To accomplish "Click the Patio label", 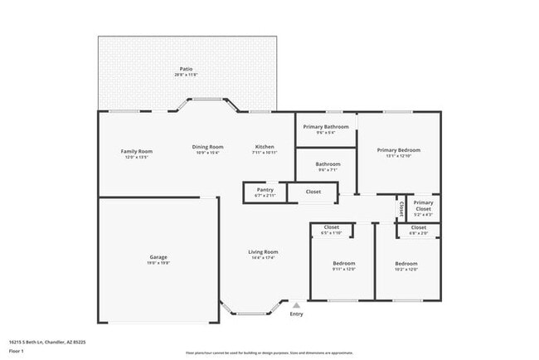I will (x=187, y=69).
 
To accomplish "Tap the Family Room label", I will (x=137, y=151).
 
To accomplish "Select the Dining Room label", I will (x=209, y=147).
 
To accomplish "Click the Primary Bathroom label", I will (x=325, y=126).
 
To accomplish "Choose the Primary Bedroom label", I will (x=398, y=150).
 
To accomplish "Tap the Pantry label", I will (x=265, y=190).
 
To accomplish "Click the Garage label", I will (x=158, y=257).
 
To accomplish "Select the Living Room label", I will (x=263, y=252).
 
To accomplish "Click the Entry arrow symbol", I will (x=296, y=305).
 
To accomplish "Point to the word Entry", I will (x=296, y=314).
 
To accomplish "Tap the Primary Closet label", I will (x=423, y=206).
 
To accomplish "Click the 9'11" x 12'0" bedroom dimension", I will (x=332, y=269).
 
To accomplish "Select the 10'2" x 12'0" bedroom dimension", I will (x=406, y=269).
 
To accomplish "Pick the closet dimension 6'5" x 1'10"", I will (x=331, y=232).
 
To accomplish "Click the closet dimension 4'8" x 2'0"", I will (x=419, y=232).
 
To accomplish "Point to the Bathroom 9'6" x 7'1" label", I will (x=328, y=167).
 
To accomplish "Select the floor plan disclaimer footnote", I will (x=269, y=353).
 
